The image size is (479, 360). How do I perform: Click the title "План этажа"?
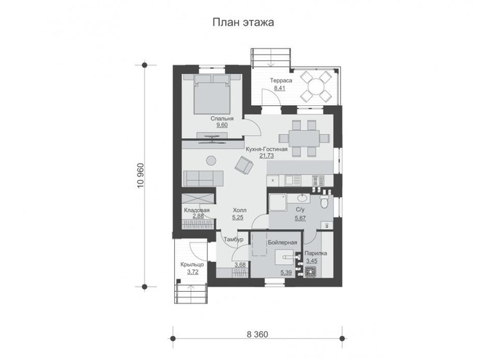tap(243, 22)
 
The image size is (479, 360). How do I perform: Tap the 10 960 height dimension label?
tap(141, 176)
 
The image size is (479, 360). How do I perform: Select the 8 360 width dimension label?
tap(257, 335)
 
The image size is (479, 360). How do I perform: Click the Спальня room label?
tap(222, 118)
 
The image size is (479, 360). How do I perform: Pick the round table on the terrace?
tap(316, 86)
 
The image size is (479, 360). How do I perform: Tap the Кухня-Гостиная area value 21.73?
tap(266, 155)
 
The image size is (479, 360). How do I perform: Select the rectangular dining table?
tap(304, 139)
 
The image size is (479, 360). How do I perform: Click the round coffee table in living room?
tap(210, 160)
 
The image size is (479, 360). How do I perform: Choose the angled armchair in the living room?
tap(244, 165)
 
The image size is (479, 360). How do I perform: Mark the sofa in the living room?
tap(203, 179)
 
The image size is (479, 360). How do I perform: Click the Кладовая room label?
tap(197, 210)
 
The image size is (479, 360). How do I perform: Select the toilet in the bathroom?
tap(324, 201)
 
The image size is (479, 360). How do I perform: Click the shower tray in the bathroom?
tap(278, 202)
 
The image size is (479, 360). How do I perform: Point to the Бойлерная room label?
tap(282, 242)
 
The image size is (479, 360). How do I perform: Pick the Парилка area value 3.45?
tap(312, 261)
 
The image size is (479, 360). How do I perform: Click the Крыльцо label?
tap(192, 265)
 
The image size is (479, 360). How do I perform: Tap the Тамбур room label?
tap(234, 240)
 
